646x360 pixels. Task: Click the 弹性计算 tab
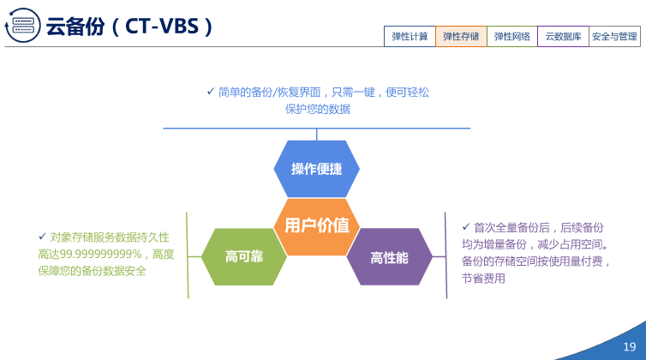tap(410, 37)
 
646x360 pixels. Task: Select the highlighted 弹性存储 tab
tap(461, 37)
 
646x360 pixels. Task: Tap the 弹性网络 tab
tap(512, 37)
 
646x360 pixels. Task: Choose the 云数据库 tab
tap(564, 37)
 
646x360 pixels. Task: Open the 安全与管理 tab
tap(614, 37)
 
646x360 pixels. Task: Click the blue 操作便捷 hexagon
tap(316, 169)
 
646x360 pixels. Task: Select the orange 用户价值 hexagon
tap(316, 225)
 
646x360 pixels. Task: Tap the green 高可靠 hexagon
tap(244, 256)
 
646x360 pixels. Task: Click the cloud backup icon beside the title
tap(22, 27)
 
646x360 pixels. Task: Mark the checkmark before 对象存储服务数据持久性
tap(42, 237)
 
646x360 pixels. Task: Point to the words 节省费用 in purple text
tap(483, 279)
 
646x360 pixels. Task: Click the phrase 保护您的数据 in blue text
tap(317, 110)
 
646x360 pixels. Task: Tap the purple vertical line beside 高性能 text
tap(446, 255)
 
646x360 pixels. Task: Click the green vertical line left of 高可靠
tap(187, 255)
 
